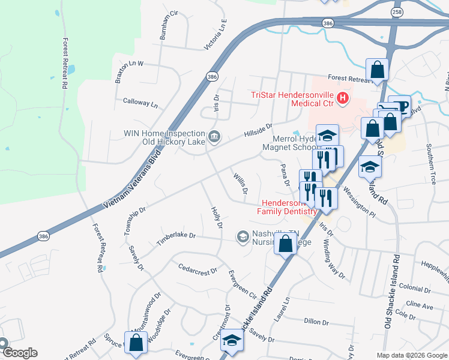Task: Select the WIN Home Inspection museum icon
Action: click(214, 137)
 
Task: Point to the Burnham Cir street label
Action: click(169, 25)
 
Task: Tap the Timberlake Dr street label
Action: click(176, 238)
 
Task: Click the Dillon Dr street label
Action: click(316, 322)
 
